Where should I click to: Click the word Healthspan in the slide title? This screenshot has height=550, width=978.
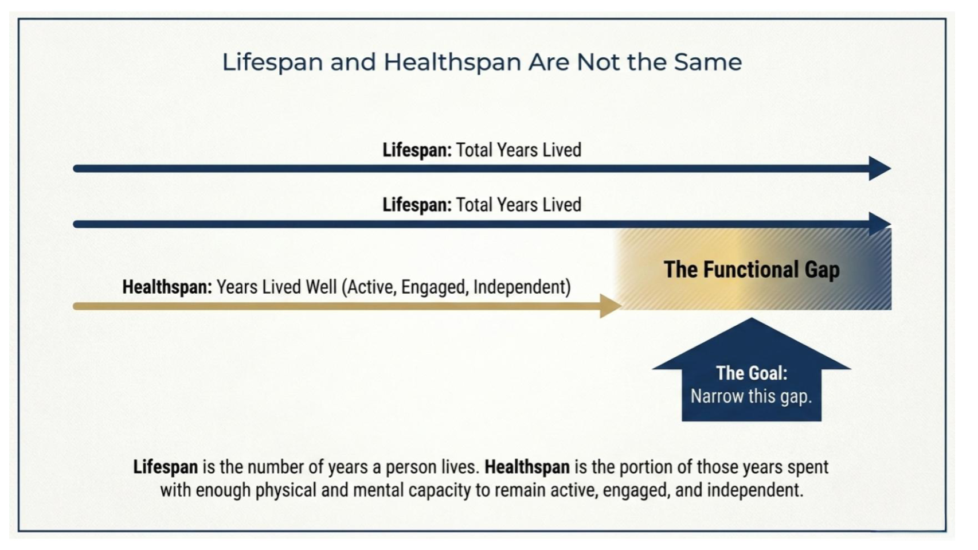coord(452,62)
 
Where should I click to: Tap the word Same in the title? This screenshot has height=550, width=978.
coord(708,62)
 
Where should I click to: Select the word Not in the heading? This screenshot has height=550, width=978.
coord(598,62)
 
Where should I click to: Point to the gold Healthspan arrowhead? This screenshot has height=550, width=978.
coord(611,306)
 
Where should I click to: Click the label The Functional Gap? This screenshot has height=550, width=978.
coord(752,269)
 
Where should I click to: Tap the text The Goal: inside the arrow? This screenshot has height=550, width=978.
coord(752,373)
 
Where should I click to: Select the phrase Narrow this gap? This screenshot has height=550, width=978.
coord(751,396)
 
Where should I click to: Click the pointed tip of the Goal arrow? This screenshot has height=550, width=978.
coord(752,318)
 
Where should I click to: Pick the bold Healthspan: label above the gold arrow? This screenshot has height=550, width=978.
coord(167,287)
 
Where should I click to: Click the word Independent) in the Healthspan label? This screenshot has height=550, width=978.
coord(522,287)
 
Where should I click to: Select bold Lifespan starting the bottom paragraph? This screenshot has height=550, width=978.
coord(166,467)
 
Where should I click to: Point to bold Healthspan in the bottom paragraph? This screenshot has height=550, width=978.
coord(527,467)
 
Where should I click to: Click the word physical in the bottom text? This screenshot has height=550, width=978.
coord(285,490)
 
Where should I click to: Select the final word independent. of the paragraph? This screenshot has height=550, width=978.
coord(756,490)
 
